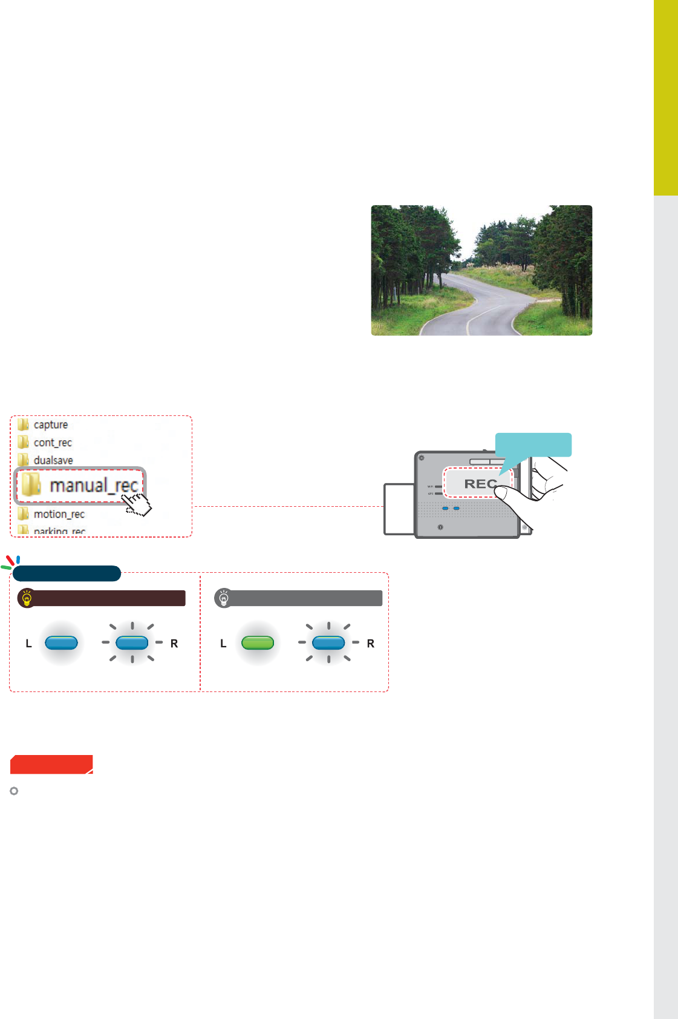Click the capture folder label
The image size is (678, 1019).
pos(51,424)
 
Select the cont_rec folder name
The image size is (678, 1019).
pos(53,443)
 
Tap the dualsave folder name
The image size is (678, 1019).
pos(53,460)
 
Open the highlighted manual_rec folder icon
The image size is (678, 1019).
pos(31,485)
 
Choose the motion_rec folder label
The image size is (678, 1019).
pos(59,514)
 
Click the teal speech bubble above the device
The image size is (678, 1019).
pos(533,445)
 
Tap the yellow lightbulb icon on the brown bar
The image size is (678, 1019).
pos(27,598)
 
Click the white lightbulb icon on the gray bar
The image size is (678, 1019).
pos(224,598)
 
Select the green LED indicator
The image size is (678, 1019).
pos(258,642)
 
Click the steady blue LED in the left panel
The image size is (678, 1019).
pos(61,642)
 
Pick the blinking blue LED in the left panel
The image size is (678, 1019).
pos(132,642)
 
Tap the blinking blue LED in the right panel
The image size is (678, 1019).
pos(328,642)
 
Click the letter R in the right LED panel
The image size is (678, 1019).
pos(371,644)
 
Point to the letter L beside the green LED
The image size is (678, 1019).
pos(223,644)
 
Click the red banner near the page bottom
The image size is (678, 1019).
pos(51,764)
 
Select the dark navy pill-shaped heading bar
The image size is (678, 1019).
pos(67,573)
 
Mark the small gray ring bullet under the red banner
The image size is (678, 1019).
pos(15,791)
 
